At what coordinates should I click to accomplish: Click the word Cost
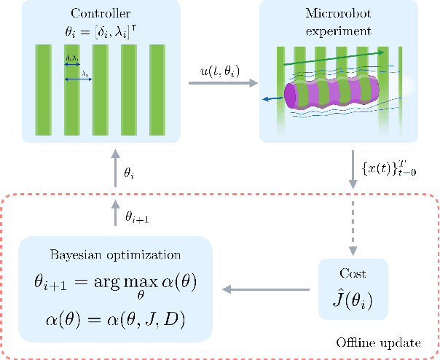click(x=353, y=274)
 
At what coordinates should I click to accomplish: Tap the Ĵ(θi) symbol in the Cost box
click(x=353, y=299)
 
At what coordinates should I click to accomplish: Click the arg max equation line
click(x=116, y=282)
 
